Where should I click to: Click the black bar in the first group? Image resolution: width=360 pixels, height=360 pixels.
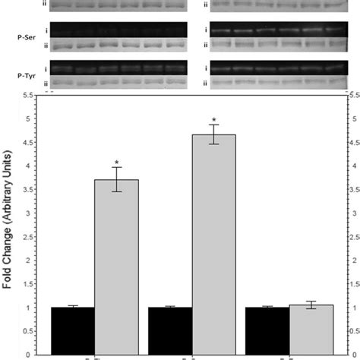(73, 330)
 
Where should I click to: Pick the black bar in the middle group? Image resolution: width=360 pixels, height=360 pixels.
(170, 330)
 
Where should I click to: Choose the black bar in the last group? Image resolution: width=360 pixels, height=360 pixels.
(267, 330)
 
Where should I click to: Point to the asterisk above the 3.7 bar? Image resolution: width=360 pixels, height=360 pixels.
(117, 162)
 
